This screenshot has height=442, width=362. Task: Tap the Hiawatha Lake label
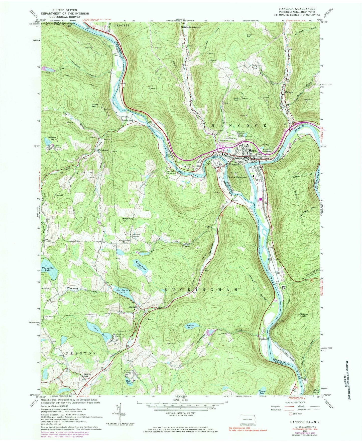point(46,269)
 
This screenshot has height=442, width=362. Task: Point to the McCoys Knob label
point(306,315)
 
